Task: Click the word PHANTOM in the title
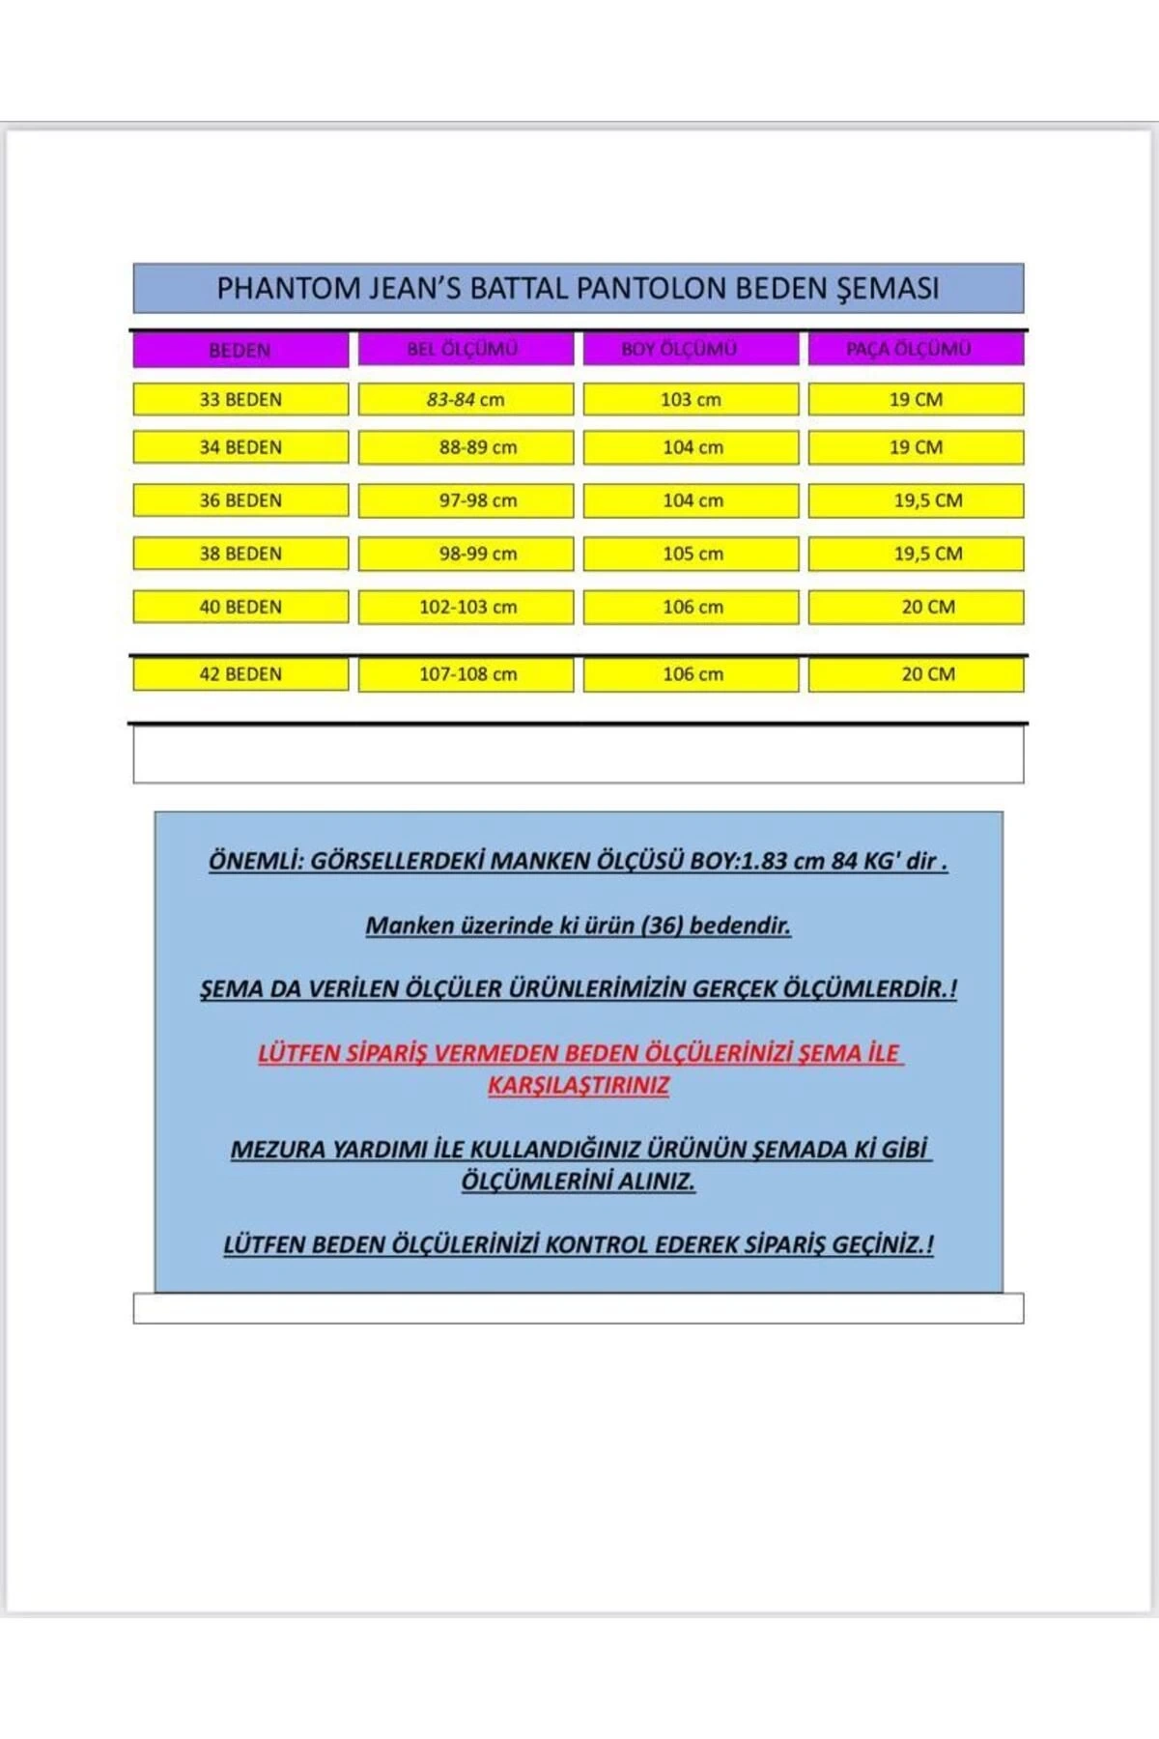pyautogui.click(x=276, y=289)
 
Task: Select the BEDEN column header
pyautogui.click(x=240, y=350)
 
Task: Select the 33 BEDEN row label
pyautogui.click(x=240, y=399)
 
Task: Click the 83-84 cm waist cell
pyautogui.click(x=466, y=399)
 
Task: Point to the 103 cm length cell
pyautogui.click(x=691, y=399)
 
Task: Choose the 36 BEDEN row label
pyautogui.click(x=240, y=500)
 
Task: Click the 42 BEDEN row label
pyautogui.click(x=240, y=674)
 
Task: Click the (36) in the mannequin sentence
pyautogui.click(x=662, y=926)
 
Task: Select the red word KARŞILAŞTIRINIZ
pyautogui.click(x=578, y=1086)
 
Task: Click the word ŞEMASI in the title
pyautogui.click(x=888, y=289)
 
